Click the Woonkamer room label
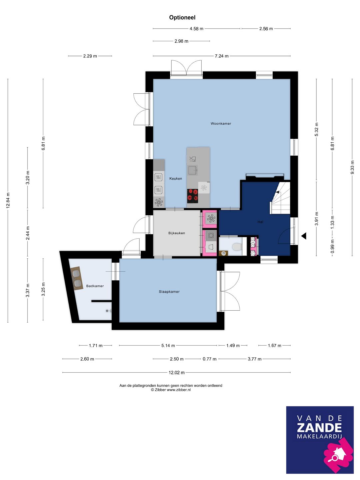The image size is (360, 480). (x=221, y=124)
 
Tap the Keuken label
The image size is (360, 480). (x=176, y=178)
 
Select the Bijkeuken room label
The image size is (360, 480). (x=177, y=233)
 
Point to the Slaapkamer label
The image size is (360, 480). (x=169, y=291)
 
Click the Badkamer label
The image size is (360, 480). (x=95, y=286)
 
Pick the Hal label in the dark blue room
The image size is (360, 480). (x=260, y=222)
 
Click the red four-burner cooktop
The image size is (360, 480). (x=192, y=196)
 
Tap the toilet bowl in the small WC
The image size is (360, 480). (x=237, y=247)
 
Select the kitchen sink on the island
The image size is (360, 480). (x=193, y=170)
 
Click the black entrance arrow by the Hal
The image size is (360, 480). (x=304, y=236)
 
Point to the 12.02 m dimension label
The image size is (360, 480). (x=176, y=372)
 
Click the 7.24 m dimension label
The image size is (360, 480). (x=221, y=56)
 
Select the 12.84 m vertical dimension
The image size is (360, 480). (x=8, y=200)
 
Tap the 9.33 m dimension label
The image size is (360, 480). (x=352, y=167)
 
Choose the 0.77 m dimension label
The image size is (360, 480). (x=209, y=359)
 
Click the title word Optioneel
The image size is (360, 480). (x=182, y=17)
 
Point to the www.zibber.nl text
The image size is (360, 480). (x=179, y=390)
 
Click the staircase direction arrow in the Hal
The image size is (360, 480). (x=277, y=192)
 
